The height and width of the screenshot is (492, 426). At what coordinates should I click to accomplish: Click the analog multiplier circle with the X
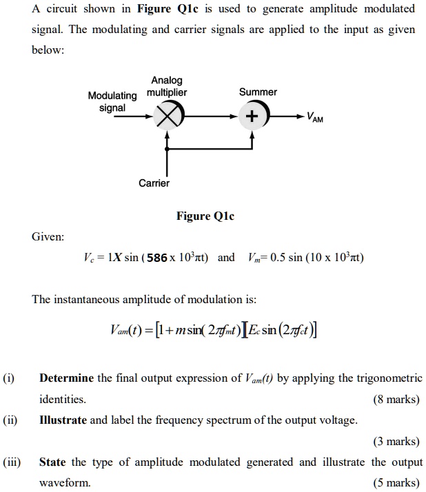(167, 116)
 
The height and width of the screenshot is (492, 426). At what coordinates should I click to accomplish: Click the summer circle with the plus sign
(252, 116)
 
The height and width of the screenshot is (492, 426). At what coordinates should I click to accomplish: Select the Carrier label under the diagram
(154, 183)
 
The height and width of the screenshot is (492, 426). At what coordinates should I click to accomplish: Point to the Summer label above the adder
(258, 92)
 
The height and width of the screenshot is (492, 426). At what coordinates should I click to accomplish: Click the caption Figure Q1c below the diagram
(205, 216)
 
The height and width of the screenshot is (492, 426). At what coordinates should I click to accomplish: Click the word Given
(48, 236)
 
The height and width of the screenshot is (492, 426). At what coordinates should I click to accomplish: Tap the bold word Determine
(67, 378)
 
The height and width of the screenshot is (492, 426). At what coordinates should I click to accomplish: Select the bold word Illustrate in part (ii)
(63, 420)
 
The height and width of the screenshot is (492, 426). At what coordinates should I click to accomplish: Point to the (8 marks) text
(396, 400)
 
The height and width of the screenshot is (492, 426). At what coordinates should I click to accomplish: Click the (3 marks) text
(396, 441)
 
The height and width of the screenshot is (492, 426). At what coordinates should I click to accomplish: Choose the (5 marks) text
(396, 483)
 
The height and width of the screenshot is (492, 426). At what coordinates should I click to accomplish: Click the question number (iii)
(11, 462)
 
